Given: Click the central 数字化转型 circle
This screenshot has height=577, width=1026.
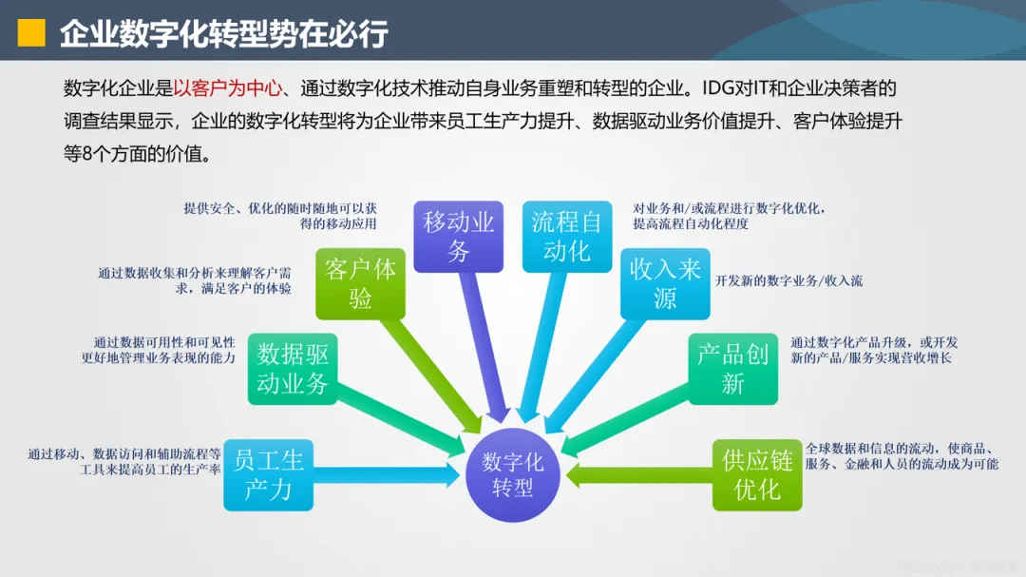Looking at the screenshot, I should (512, 474).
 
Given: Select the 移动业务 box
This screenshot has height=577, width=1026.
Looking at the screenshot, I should (459, 237).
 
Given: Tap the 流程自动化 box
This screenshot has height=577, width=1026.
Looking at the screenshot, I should (567, 237).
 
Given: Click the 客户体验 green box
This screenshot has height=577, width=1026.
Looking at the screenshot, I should (360, 284).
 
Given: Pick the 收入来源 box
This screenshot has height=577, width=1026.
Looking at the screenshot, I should (665, 283).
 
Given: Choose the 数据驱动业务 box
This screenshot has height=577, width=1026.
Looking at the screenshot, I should (293, 369).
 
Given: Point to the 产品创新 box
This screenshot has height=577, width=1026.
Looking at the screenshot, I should (732, 369).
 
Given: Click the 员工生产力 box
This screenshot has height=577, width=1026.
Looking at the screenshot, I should (268, 474).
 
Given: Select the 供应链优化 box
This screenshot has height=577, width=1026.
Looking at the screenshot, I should (757, 474).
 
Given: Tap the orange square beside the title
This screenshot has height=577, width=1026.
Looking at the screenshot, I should (33, 33).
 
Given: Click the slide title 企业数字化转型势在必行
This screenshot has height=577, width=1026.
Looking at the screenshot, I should (224, 33).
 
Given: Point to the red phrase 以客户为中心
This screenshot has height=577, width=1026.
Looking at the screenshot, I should (228, 89).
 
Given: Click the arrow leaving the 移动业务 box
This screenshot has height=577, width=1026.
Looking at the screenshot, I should (484, 342).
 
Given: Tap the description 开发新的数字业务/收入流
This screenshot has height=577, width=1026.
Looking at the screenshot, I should (788, 281).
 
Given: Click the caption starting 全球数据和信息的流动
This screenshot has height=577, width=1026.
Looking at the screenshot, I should (902, 456).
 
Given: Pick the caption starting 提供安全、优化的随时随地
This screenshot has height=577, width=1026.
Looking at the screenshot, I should (280, 216).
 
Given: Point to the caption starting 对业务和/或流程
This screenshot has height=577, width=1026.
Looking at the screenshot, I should (729, 216).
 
